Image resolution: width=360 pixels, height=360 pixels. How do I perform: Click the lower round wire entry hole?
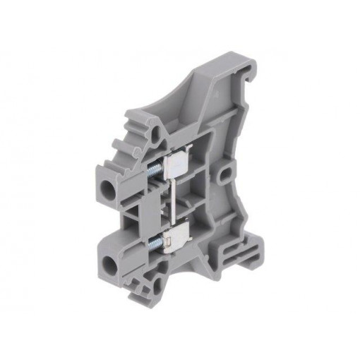point(111,268)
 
